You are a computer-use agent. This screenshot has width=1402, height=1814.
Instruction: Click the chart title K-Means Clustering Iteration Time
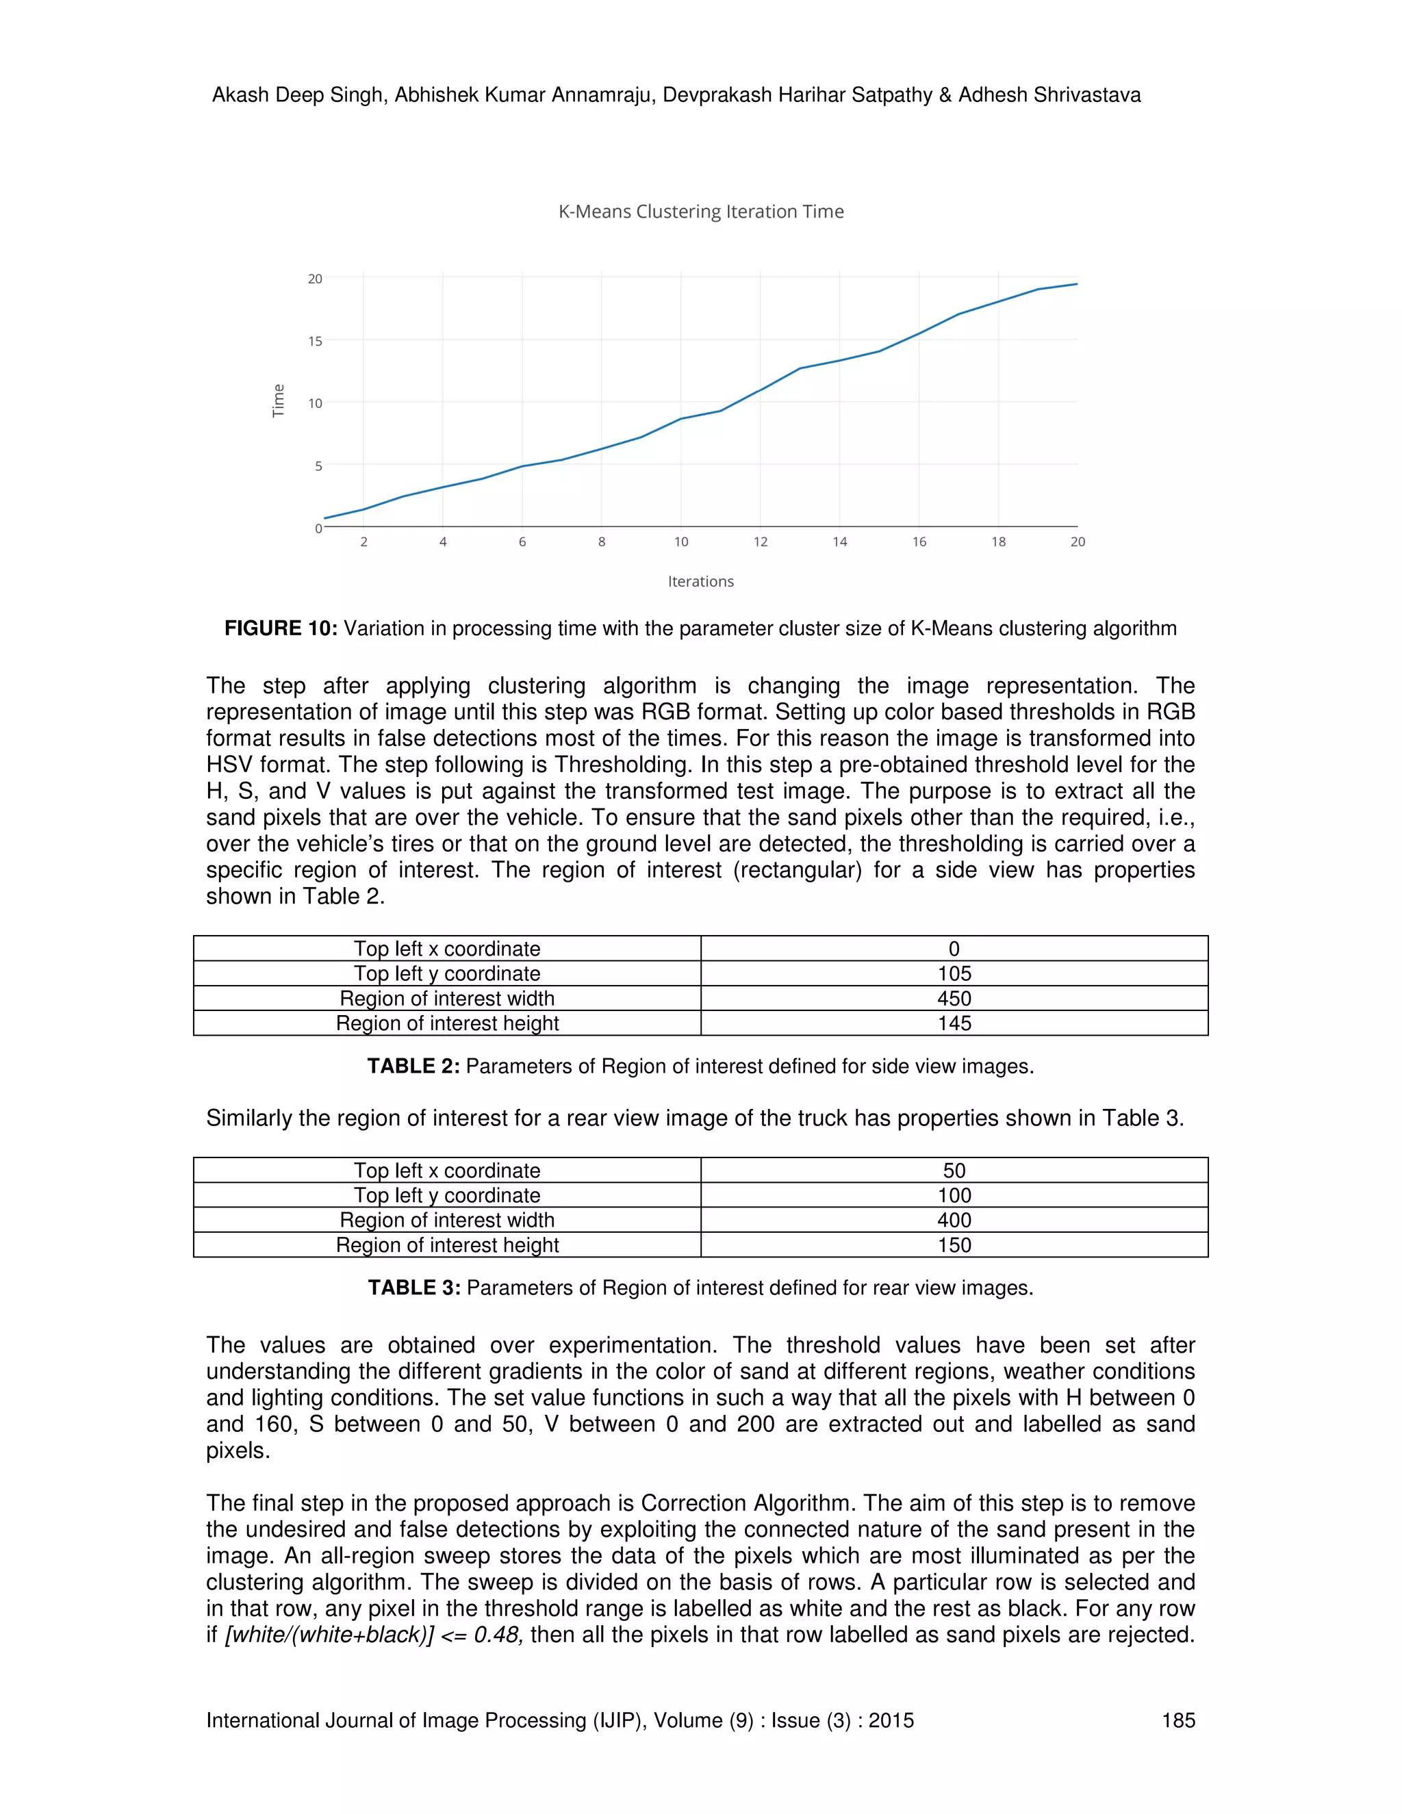[x=701, y=212]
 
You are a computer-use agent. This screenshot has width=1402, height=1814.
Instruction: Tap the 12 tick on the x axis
[x=760, y=541]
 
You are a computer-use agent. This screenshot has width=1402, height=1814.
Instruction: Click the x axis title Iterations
[x=700, y=581]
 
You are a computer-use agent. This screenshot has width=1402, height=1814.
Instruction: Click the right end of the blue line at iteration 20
[x=1076, y=284]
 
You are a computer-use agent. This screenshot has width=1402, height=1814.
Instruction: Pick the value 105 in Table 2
[x=954, y=973]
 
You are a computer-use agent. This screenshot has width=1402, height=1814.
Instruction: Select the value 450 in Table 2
[x=954, y=998]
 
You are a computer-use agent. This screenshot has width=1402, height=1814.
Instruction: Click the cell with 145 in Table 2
[x=954, y=1023]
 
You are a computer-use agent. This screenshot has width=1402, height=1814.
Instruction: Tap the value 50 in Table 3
[x=954, y=1171]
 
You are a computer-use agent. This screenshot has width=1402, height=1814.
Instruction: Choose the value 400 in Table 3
[x=954, y=1220]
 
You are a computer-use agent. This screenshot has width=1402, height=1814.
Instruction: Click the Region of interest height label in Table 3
[x=447, y=1245]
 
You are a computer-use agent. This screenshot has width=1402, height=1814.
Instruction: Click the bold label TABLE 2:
[x=413, y=1066]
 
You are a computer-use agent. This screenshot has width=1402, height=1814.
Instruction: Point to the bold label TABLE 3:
[x=413, y=1288]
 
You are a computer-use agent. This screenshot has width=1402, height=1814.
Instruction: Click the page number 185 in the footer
[x=1177, y=1720]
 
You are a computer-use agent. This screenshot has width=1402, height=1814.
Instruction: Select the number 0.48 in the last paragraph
[x=496, y=1635]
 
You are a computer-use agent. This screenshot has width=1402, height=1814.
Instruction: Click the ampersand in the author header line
[x=944, y=96]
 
